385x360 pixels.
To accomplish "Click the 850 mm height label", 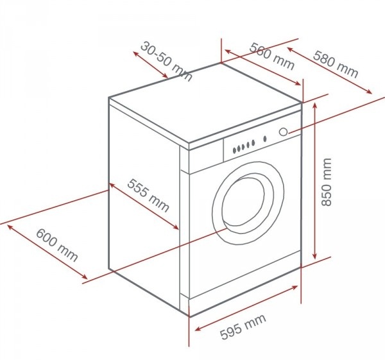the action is point(327,182).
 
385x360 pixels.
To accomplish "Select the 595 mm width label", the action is point(243,327).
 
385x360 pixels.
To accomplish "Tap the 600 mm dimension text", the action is point(57,245).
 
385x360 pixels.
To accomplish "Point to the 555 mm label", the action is point(148,195).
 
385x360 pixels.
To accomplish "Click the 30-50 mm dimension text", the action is point(166,62).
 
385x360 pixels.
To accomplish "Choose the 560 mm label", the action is point(271,56).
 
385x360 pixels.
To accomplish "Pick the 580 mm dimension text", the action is point(336,64).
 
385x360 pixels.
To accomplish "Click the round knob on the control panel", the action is point(284,132).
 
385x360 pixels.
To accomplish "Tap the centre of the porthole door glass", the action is point(243,201).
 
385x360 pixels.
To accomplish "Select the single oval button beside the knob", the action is point(265,139).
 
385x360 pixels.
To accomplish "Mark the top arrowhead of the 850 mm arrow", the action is point(315,105).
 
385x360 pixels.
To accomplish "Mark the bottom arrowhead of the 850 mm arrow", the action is point(315,257).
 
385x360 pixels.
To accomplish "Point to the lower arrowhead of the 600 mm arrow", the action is point(85,277).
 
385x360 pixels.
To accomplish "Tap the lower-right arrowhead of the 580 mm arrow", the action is point(369,92).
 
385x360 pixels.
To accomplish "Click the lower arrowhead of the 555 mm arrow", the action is point(176,227).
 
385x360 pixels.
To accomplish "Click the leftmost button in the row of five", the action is point(234,150).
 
